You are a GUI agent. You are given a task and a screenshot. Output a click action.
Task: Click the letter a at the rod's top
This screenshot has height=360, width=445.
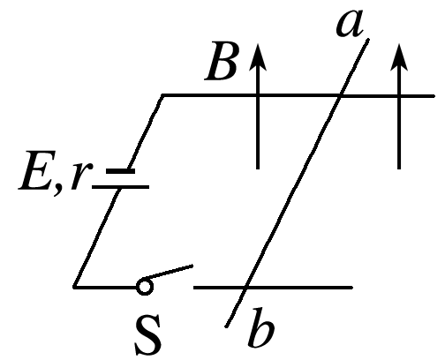350,24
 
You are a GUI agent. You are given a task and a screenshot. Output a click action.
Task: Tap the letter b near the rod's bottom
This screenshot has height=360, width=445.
261,326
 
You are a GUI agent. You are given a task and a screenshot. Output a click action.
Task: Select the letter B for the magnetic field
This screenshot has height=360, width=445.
221,62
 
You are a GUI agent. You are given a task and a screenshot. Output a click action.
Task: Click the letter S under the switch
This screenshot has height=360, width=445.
148,335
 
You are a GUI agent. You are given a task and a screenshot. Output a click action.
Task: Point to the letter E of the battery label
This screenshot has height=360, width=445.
34,170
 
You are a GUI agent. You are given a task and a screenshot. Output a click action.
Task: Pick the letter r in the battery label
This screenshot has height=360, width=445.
79,176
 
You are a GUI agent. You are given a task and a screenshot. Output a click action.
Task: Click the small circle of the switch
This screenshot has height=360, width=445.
145,287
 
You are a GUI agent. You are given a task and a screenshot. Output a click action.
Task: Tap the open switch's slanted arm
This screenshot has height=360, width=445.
169,272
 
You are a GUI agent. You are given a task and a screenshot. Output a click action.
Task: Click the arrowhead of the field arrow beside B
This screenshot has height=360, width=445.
258,57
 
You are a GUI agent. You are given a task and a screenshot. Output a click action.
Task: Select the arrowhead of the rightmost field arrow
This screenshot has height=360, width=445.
399,57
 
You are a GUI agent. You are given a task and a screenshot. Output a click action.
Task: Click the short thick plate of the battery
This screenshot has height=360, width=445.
120,171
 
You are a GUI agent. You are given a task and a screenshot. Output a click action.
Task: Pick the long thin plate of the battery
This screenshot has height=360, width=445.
121,187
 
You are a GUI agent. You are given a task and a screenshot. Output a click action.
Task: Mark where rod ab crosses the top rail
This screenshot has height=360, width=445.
340,95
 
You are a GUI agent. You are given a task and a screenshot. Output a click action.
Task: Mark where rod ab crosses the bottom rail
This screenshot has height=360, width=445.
245,288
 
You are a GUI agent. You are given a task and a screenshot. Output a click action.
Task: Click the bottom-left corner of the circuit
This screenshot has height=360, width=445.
74,287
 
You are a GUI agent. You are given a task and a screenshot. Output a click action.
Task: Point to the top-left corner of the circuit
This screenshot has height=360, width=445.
162,95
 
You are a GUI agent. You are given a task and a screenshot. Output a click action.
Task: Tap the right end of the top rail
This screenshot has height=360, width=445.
434,96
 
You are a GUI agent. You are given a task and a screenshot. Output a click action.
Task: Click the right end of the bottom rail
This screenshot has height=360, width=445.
352,288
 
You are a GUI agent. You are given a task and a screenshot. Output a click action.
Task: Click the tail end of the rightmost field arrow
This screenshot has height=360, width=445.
399,169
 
